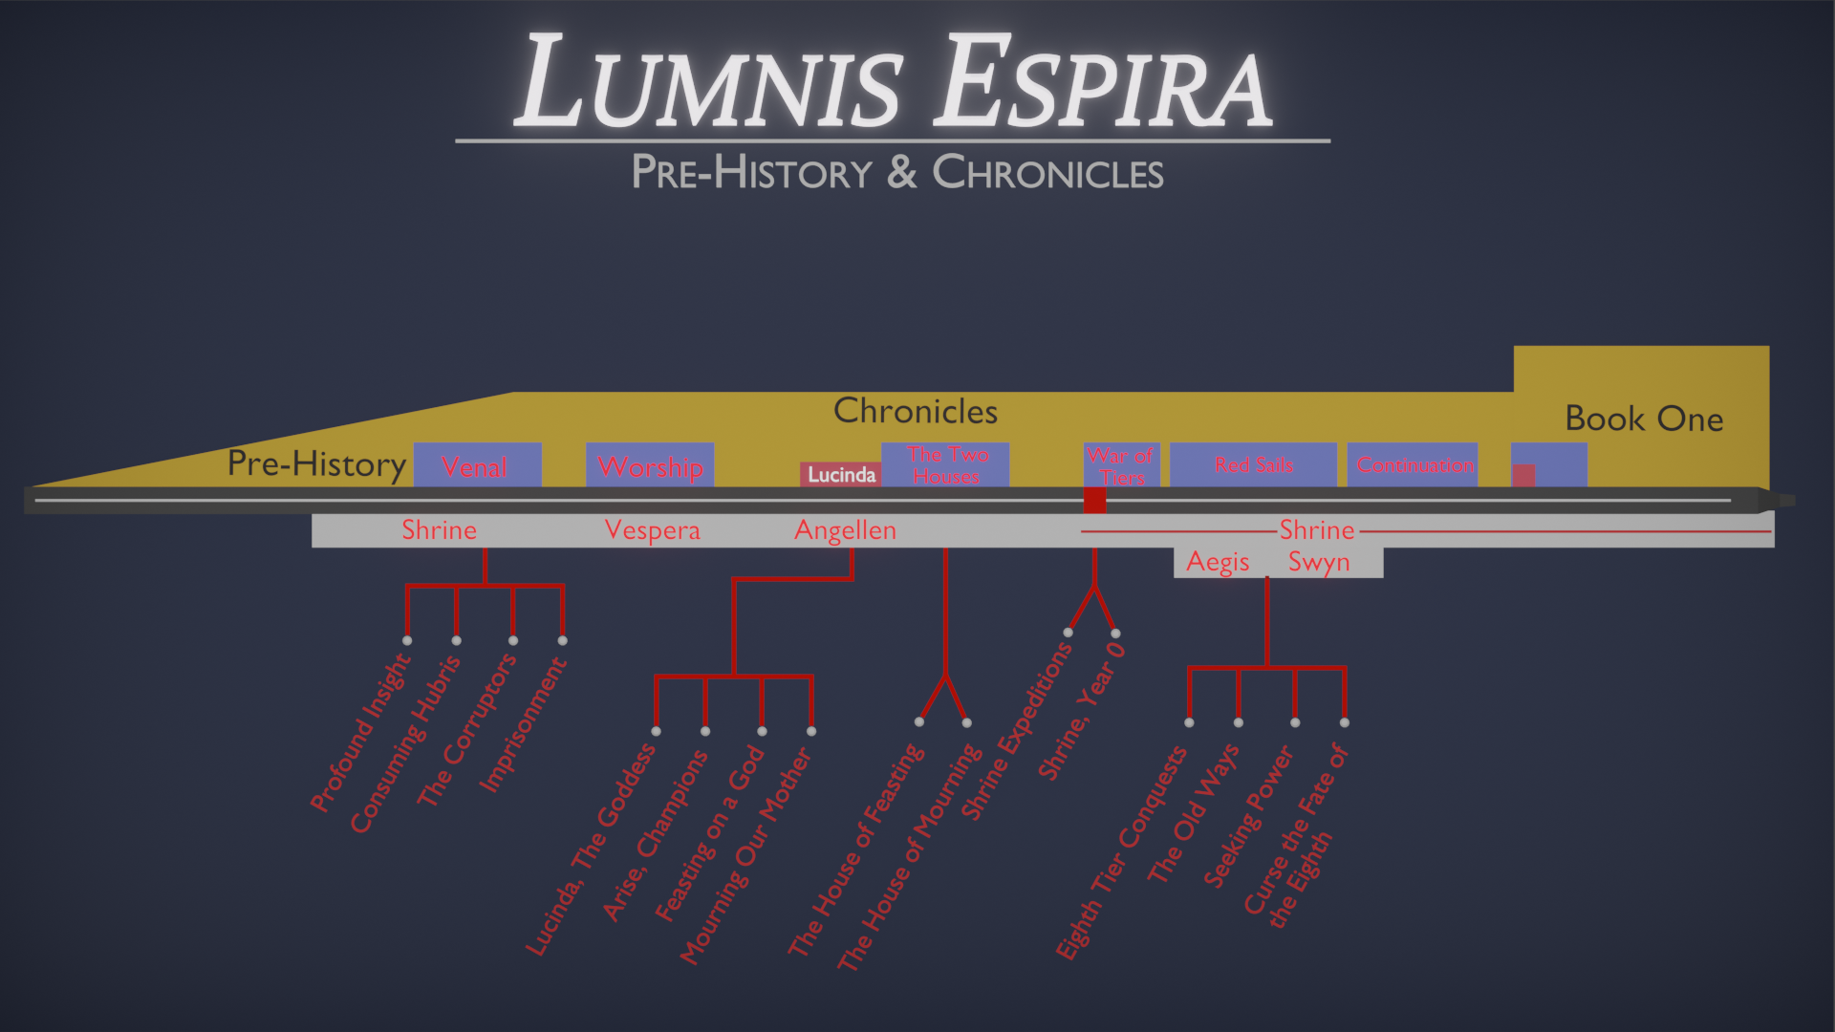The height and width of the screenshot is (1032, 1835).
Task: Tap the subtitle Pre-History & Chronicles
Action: click(896, 173)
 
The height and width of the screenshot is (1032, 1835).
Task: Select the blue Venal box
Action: click(477, 465)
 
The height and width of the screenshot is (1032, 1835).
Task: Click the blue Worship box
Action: click(650, 465)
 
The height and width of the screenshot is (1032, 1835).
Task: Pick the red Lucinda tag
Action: click(841, 475)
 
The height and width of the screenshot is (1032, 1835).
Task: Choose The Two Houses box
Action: click(945, 464)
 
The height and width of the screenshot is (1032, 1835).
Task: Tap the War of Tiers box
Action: click(1121, 465)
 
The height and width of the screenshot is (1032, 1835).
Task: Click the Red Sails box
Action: click(1253, 465)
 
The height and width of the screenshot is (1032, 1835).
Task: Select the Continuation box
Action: click(1414, 465)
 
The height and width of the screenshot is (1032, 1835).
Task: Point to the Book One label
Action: click(1644, 419)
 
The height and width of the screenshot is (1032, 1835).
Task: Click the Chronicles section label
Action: click(916, 411)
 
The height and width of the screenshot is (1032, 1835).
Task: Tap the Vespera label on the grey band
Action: click(653, 530)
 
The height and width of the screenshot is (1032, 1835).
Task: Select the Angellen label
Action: click(846, 530)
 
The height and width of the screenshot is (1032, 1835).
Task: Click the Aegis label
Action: click(1218, 562)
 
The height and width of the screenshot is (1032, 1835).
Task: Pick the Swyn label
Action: click(1319, 562)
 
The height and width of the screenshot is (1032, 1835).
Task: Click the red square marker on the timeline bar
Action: click(1094, 500)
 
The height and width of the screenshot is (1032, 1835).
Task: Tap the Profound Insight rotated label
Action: click(360, 733)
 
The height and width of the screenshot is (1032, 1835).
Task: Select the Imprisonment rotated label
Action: click(523, 725)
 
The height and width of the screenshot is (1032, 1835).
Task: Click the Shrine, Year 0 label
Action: click(1082, 712)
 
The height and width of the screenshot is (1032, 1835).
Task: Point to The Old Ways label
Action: click(1193, 813)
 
